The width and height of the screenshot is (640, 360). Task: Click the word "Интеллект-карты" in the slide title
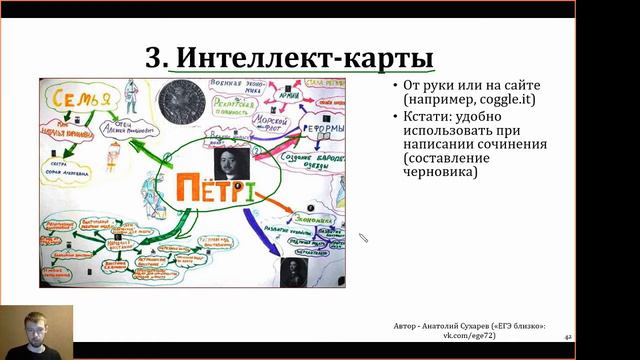pos(304,55)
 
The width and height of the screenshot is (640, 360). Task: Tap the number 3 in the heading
pos(154,55)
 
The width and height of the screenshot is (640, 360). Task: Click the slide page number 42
pos(568,339)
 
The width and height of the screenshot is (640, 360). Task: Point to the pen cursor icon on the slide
pos(364,238)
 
